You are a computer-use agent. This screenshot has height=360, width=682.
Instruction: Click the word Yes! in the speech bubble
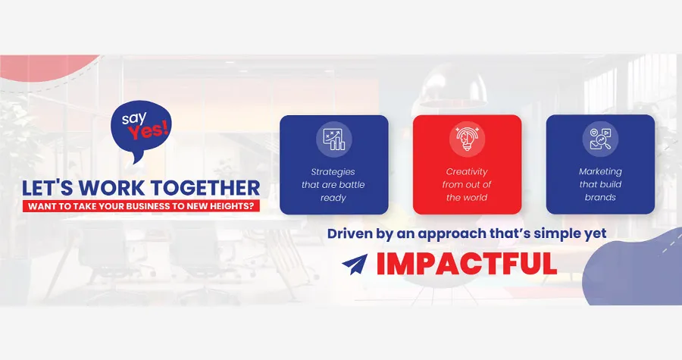[149, 130]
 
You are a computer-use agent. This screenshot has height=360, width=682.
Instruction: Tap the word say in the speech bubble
[134, 117]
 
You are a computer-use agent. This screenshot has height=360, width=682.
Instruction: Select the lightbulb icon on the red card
[467, 139]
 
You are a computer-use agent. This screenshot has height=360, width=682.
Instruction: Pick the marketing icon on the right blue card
[600, 139]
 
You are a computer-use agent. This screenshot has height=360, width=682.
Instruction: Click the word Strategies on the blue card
[333, 172]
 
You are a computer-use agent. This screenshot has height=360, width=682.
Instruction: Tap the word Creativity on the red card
[467, 172]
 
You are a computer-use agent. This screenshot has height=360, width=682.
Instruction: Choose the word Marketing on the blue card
[600, 171]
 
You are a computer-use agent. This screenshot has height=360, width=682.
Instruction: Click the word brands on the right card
[600, 197]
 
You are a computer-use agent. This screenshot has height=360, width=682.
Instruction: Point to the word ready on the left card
[333, 199]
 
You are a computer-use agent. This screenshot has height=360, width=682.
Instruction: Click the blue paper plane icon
[355, 265]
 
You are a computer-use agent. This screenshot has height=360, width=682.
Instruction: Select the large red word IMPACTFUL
[466, 264]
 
